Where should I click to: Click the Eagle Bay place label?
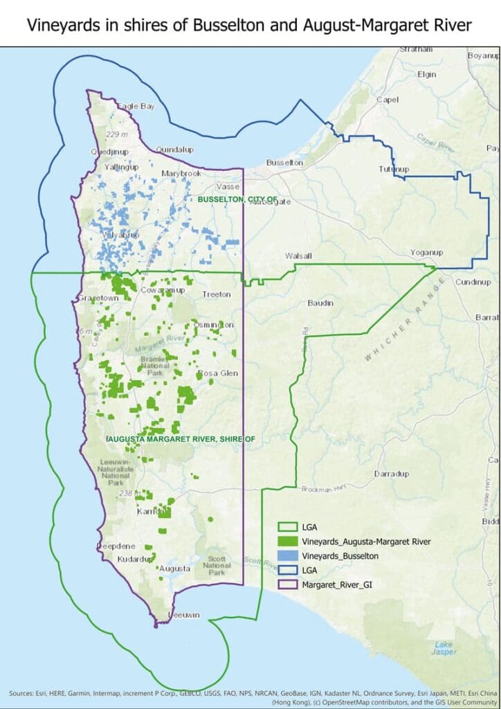coord(136,106)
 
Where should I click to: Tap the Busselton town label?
coord(284,162)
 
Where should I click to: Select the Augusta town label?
coord(174,568)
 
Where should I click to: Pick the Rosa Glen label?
coord(218,373)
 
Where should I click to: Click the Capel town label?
coord(388,100)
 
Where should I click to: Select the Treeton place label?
coord(216,294)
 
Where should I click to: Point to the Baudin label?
coord(320,303)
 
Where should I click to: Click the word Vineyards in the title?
coord(59,26)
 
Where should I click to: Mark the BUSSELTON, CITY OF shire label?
coord(237,199)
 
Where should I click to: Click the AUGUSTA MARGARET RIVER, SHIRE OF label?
coord(181,438)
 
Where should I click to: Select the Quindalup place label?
coord(174,149)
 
